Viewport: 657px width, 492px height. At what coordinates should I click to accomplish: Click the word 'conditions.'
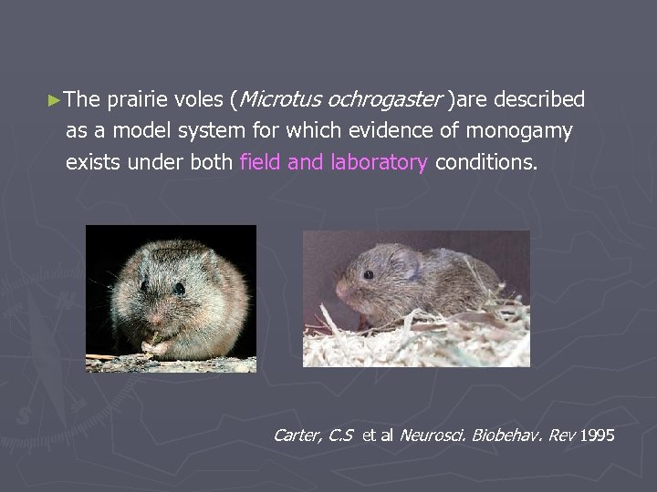click(x=486, y=162)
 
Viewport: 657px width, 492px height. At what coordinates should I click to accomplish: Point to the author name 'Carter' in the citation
click(x=297, y=436)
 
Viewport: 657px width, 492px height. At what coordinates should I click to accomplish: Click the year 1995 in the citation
click(x=597, y=436)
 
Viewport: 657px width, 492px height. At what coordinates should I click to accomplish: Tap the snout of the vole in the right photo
click(x=341, y=289)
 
